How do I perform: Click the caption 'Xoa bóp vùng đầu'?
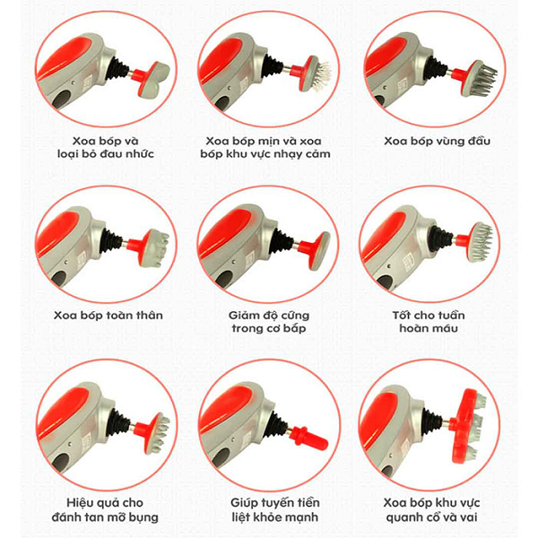437,141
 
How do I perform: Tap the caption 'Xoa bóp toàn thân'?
108,315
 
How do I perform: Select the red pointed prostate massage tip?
309,437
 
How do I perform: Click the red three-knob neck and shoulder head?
469,422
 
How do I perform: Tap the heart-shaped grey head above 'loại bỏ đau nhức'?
154,79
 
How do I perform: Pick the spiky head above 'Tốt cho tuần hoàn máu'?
481,242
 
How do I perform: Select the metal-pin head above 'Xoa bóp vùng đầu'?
483,78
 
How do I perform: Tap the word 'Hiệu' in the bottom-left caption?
80,503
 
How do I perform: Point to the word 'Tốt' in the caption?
402,315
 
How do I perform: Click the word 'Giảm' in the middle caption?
242,315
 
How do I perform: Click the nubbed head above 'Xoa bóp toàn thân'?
155,248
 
